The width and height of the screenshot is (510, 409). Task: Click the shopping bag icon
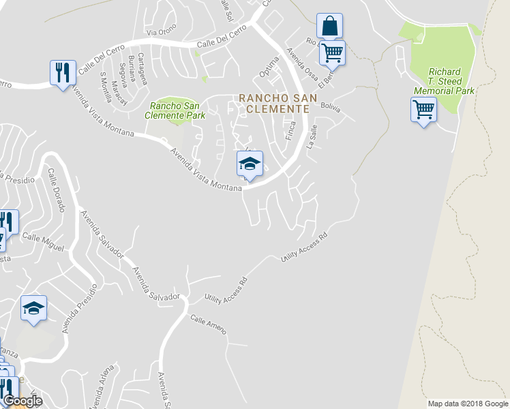pyautogui.click(x=329, y=27)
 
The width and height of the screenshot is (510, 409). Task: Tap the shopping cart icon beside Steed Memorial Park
pyautogui.click(x=423, y=109)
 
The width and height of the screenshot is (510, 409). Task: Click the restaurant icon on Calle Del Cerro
pyautogui.click(x=63, y=72)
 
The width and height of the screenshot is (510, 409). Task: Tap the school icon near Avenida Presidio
pyautogui.click(x=33, y=308)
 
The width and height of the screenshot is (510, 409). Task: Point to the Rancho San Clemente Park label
pyautogui.click(x=177, y=110)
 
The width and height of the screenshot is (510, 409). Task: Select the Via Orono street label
pyautogui.click(x=161, y=31)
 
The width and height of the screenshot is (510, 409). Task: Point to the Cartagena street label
pyautogui.click(x=142, y=68)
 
